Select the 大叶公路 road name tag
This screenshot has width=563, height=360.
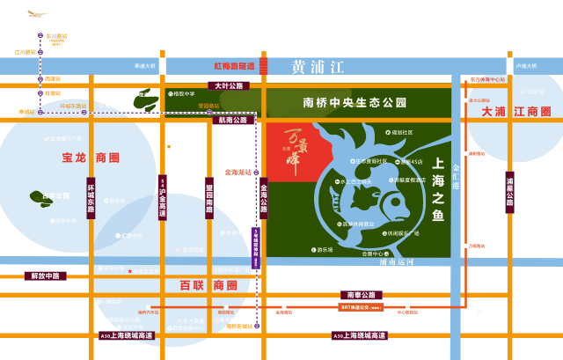(228, 86)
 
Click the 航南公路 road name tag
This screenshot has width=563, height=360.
(234, 120)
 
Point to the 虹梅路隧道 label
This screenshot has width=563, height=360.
(234, 66)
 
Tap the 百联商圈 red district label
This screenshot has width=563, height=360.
(208, 285)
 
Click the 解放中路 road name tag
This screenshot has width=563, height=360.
(44, 276)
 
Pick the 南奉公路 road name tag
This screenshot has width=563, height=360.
(362, 295)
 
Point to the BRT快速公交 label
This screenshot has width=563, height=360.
(362, 307)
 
